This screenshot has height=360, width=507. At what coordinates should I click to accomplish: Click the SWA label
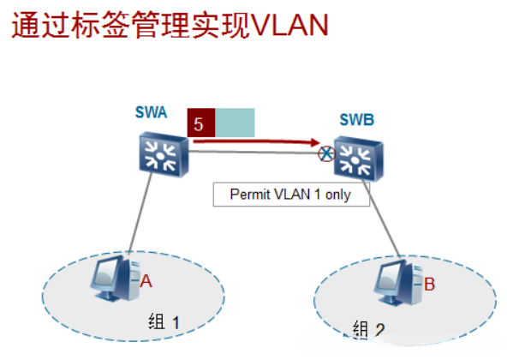coord(151,111)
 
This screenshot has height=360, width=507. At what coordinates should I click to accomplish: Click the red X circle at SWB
coord(325,154)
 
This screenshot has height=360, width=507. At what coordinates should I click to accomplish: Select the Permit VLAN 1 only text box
coord(291,194)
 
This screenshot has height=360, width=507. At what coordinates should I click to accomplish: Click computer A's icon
coord(116,278)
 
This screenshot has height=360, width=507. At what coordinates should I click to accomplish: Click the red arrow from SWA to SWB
coord(257,141)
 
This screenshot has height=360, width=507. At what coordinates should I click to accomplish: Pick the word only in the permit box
coord(350,194)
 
